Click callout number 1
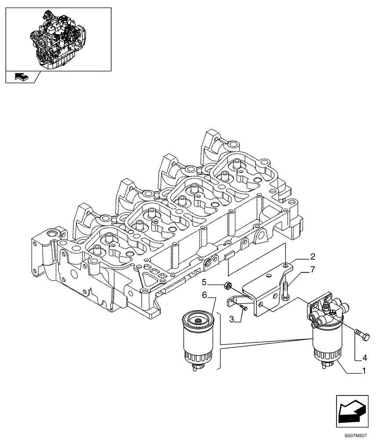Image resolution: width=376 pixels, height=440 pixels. point(364,371)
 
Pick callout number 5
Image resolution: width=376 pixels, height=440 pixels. point(205,281)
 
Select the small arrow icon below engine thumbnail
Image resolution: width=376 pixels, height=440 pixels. point(22,77)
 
